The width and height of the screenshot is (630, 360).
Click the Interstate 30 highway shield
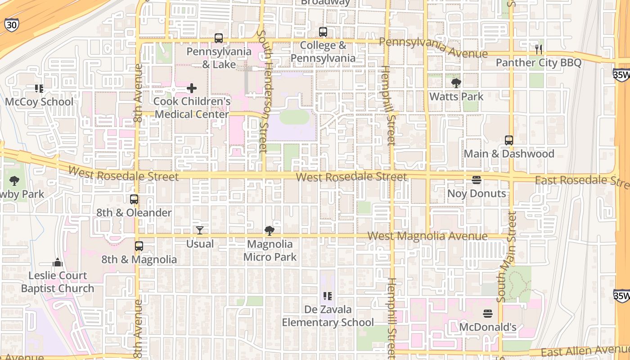pyautogui.click(x=11, y=25)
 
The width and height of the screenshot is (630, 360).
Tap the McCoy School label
pyautogui.click(x=39, y=102)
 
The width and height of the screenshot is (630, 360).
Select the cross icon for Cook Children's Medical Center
pyautogui.click(x=192, y=88)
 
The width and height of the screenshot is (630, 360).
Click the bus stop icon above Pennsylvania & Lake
pyautogui.click(x=219, y=38)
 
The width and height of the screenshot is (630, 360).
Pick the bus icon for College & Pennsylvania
pyautogui.click(x=323, y=32)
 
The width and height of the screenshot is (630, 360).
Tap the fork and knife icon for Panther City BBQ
pyautogui.click(x=538, y=49)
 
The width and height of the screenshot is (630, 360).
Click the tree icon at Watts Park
pyautogui.click(x=456, y=83)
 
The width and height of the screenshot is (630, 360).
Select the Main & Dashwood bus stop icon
pyautogui.click(x=509, y=140)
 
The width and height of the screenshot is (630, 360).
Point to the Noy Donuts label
pyautogui.click(x=477, y=193)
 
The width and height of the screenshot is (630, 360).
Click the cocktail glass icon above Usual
pyautogui.click(x=200, y=230)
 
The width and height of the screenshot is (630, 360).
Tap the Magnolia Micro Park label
pyautogui.click(x=270, y=251)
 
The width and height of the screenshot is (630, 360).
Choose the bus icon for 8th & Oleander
pyautogui.click(x=134, y=199)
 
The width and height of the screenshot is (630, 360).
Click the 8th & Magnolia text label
pyautogui.click(x=139, y=260)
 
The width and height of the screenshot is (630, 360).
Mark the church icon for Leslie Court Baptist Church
pyautogui.click(x=58, y=262)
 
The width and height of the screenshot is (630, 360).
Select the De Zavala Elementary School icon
pyautogui.click(x=328, y=296)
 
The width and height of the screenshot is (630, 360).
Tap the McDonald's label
pyautogui.click(x=488, y=327)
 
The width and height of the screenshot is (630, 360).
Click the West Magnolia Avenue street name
pyautogui.click(x=427, y=236)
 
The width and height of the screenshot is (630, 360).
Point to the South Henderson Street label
pyautogui.click(x=262, y=92)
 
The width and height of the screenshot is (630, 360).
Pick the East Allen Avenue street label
pyautogui.click(x=585, y=351)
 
